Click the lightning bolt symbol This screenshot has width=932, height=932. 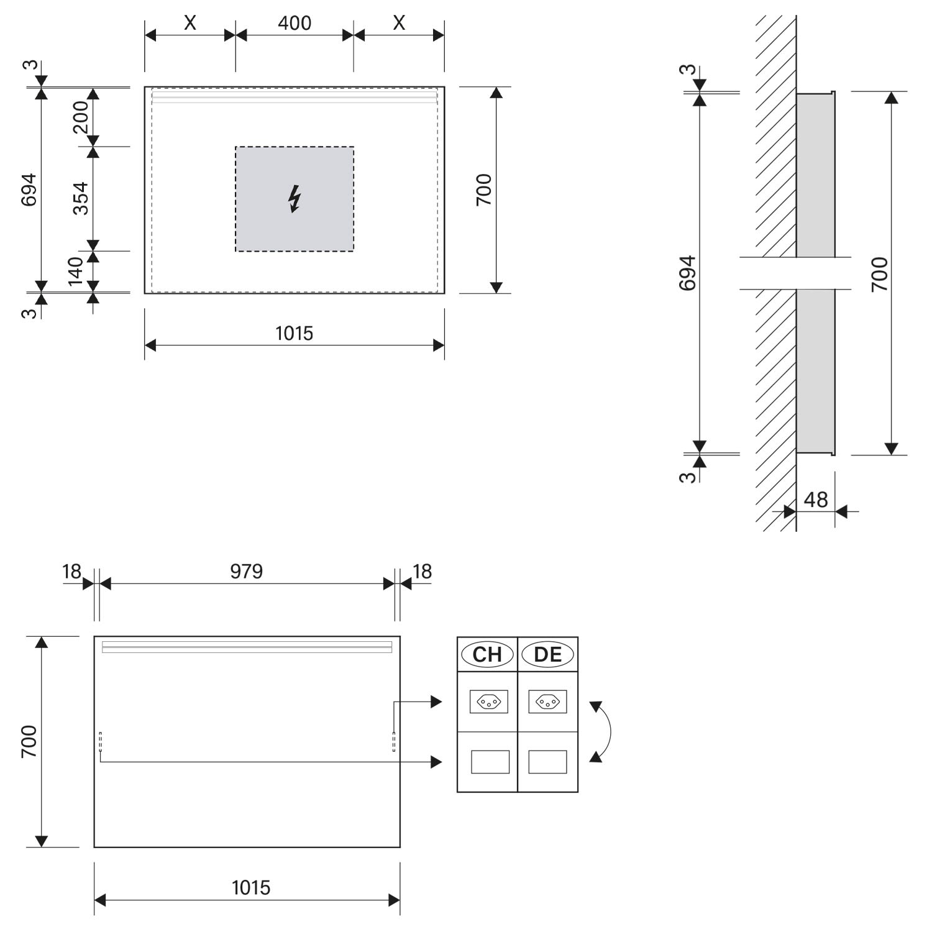point(295,199)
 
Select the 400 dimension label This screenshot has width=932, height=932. point(295,23)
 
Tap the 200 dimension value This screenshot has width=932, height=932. point(81,117)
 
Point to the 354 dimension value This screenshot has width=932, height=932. point(81,198)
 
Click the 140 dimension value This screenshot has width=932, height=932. point(75,270)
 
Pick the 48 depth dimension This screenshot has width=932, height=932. point(816,500)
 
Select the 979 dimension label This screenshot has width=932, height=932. point(247,571)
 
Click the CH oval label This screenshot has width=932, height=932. point(487,654)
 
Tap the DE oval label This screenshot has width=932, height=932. point(547,654)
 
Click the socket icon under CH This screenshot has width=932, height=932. point(489,702)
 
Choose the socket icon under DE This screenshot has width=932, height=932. point(547,702)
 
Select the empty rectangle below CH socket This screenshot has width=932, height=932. point(490,762)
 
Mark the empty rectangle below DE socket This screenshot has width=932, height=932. point(547,762)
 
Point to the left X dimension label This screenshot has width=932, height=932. point(190,23)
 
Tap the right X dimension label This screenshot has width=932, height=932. point(399,23)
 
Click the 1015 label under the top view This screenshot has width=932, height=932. point(295,334)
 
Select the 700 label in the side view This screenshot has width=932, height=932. point(880,274)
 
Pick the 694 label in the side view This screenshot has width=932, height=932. point(687,273)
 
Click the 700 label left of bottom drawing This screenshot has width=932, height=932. point(29,741)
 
